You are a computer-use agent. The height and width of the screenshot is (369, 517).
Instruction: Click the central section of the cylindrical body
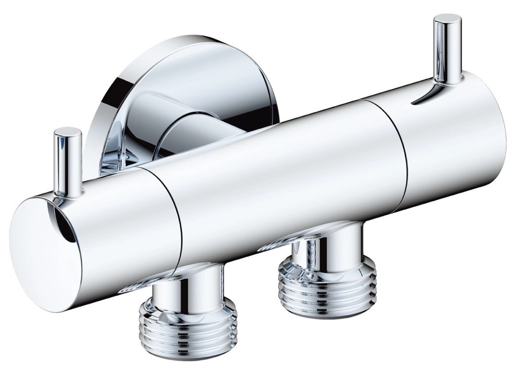coord(288,178)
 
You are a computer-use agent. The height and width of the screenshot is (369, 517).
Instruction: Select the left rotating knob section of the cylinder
coord(120,226)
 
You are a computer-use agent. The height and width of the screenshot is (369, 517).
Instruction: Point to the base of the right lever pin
coord(440,86)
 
